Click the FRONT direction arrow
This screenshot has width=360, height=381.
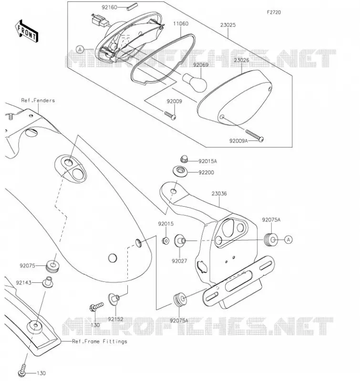(26, 31)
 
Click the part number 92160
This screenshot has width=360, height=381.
(110, 7)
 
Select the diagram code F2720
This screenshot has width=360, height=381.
(274, 12)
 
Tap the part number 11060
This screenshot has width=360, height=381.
(181, 23)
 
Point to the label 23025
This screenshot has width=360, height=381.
(228, 25)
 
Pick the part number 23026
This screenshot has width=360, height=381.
(241, 60)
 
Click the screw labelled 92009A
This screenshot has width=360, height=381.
(255, 135)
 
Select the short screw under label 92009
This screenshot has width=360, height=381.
(170, 115)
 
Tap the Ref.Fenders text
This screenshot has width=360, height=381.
(38, 100)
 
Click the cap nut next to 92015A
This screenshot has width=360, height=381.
(185, 159)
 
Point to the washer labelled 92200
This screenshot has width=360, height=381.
(180, 171)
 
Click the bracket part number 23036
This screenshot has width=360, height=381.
(219, 193)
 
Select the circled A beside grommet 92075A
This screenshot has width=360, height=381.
(288, 240)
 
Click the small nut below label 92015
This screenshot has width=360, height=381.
(165, 241)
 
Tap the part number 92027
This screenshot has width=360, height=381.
(179, 261)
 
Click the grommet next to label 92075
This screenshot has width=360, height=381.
(53, 266)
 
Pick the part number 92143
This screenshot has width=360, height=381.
(23, 282)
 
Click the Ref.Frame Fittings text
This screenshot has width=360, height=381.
(100, 341)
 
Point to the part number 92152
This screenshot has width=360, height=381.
(115, 319)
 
